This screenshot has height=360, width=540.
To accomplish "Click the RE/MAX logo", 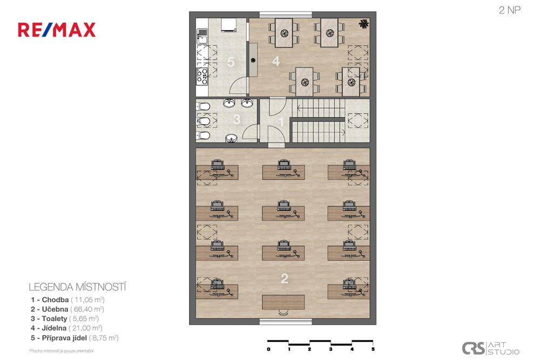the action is [x=57, y=30].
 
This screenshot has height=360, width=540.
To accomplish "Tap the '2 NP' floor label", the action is [x=509, y=10].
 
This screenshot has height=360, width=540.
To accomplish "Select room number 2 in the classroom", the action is [x=284, y=279].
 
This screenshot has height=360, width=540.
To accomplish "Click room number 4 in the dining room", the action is [x=276, y=62].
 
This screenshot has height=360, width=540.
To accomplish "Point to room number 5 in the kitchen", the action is [x=231, y=62].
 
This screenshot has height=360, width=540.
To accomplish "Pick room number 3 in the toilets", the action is [x=237, y=119].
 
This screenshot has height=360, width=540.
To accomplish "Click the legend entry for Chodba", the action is [x=67, y=300].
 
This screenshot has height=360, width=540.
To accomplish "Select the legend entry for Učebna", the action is [x=67, y=309].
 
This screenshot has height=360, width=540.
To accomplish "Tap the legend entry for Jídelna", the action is [x=66, y=328].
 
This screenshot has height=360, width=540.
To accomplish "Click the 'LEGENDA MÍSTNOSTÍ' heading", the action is [x=77, y=287].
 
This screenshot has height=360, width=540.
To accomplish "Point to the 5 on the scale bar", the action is [x=373, y=349].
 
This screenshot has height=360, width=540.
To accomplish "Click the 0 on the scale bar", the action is [x=268, y=349].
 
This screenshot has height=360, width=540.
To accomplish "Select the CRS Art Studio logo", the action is [x=490, y=348].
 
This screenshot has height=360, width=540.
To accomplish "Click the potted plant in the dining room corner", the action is [x=363, y=24].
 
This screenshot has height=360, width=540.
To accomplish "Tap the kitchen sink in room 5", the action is [x=202, y=36].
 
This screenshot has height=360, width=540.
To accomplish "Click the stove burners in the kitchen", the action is [x=202, y=76].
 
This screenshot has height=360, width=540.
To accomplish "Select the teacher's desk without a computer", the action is [x=283, y=302].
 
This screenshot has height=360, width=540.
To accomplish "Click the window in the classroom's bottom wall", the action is [x=286, y=322].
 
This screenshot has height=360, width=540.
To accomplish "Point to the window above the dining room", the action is [x=286, y=15].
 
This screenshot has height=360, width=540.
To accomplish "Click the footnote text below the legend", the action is [x=62, y=351].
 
